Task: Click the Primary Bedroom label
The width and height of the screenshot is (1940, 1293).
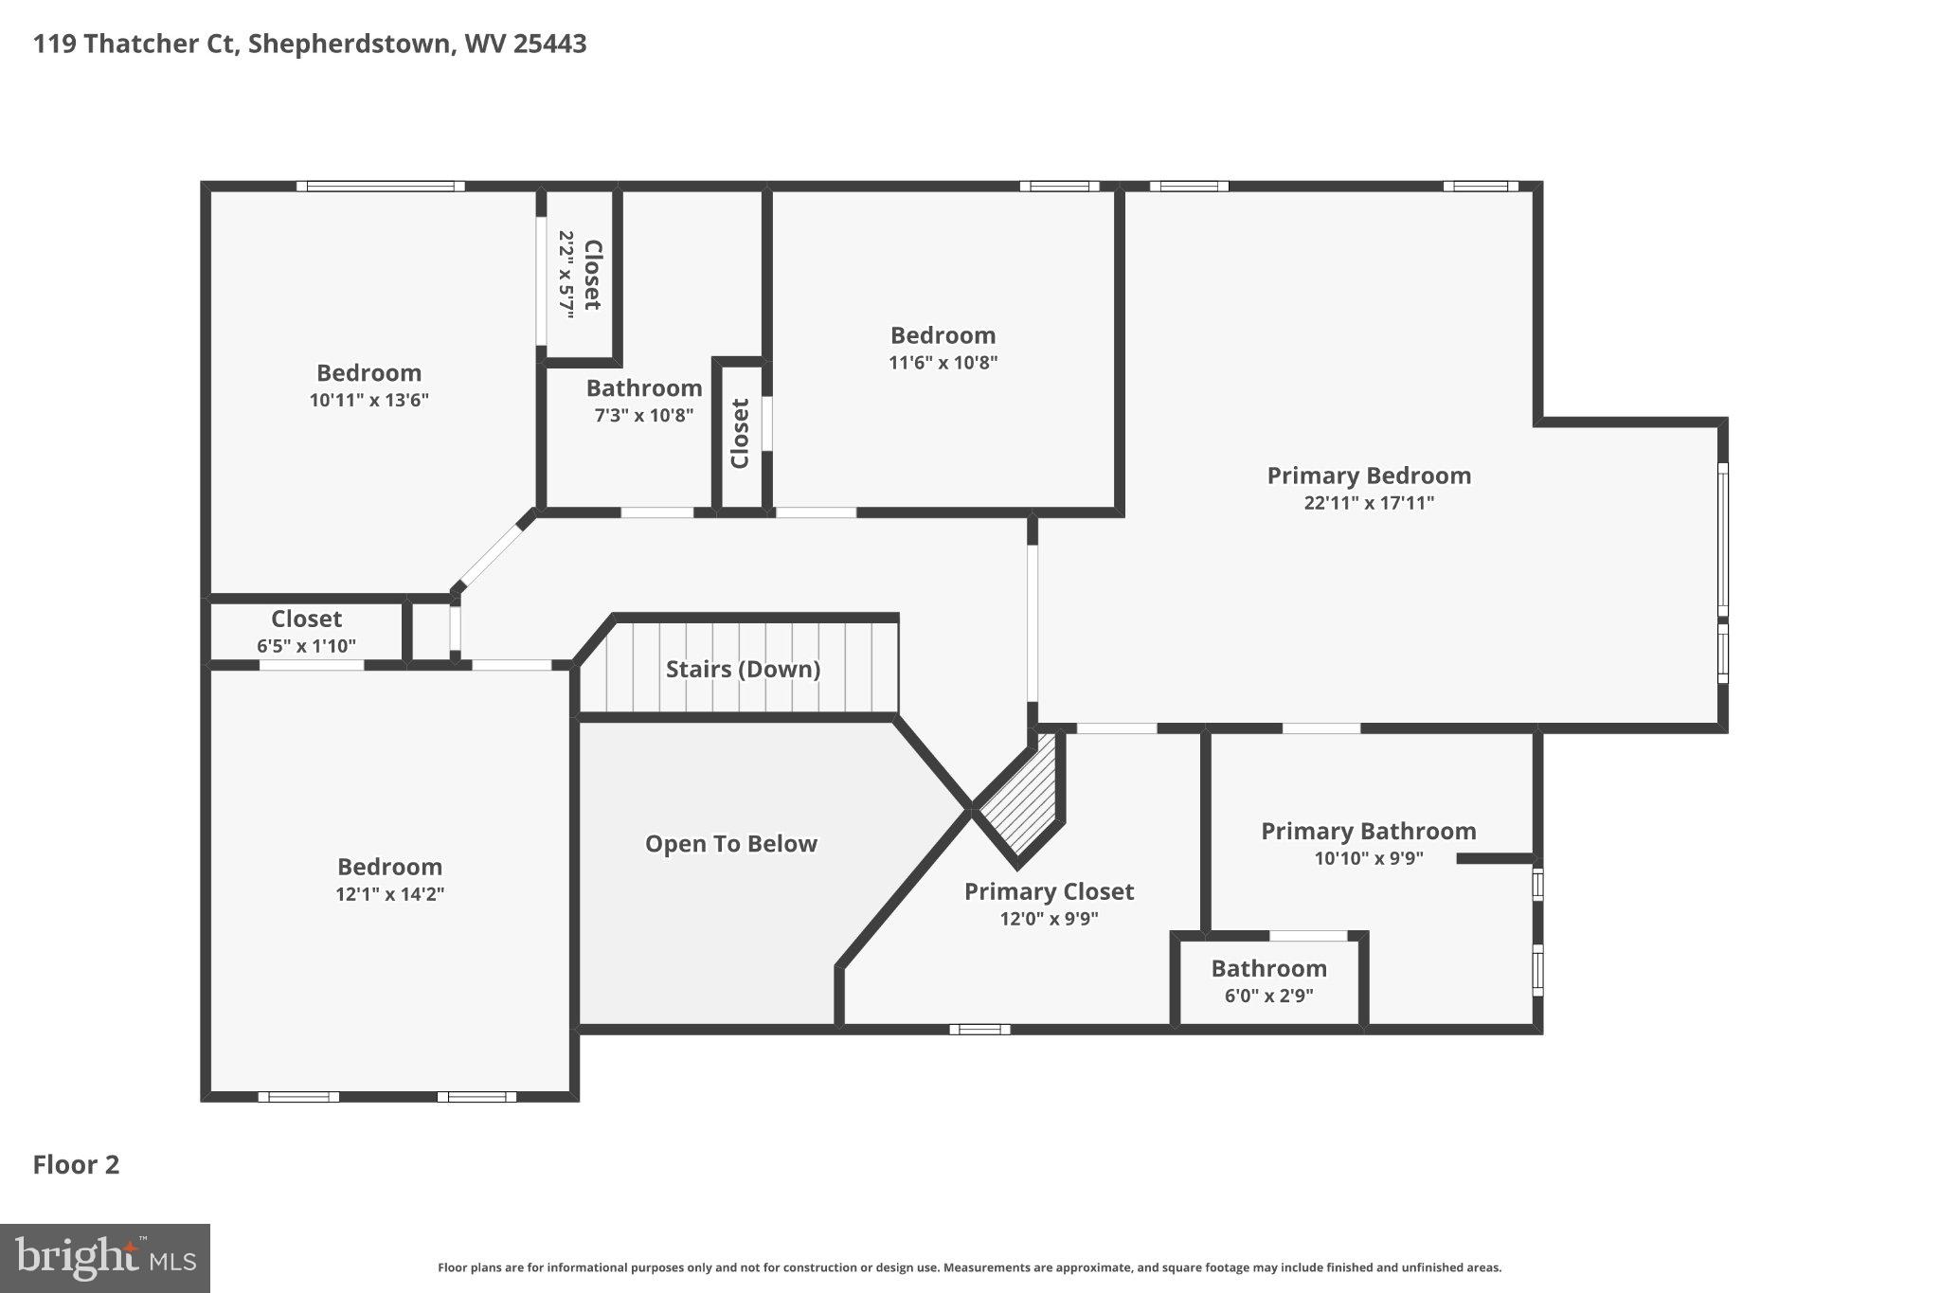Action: click(1369, 476)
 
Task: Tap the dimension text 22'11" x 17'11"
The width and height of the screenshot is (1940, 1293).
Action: click(1369, 503)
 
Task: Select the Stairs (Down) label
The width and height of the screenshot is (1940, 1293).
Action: click(743, 669)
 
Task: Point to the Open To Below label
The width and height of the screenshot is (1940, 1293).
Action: click(730, 844)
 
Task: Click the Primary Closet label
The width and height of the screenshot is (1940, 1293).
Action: click(1049, 891)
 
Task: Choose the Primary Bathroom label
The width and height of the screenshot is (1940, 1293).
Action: click(1368, 831)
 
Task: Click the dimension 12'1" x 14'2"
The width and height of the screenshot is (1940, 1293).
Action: click(389, 894)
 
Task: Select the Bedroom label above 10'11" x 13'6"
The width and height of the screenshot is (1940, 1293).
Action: click(368, 372)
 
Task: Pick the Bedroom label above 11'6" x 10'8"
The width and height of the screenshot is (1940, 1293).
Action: click(943, 335)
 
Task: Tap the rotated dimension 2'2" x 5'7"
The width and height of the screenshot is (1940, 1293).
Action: click(566, 275)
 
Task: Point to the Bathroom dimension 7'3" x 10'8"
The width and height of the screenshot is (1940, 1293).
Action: click(644, 415)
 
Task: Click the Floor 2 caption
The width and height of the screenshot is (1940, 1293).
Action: click(76, 1164)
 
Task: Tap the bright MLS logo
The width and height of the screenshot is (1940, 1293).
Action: click(104, 1258)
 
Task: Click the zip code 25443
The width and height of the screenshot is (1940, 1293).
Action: click(549, 44)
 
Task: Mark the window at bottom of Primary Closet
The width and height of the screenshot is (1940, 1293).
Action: click(979, 1029)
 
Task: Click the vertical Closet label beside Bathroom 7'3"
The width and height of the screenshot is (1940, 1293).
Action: click(740, 433)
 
